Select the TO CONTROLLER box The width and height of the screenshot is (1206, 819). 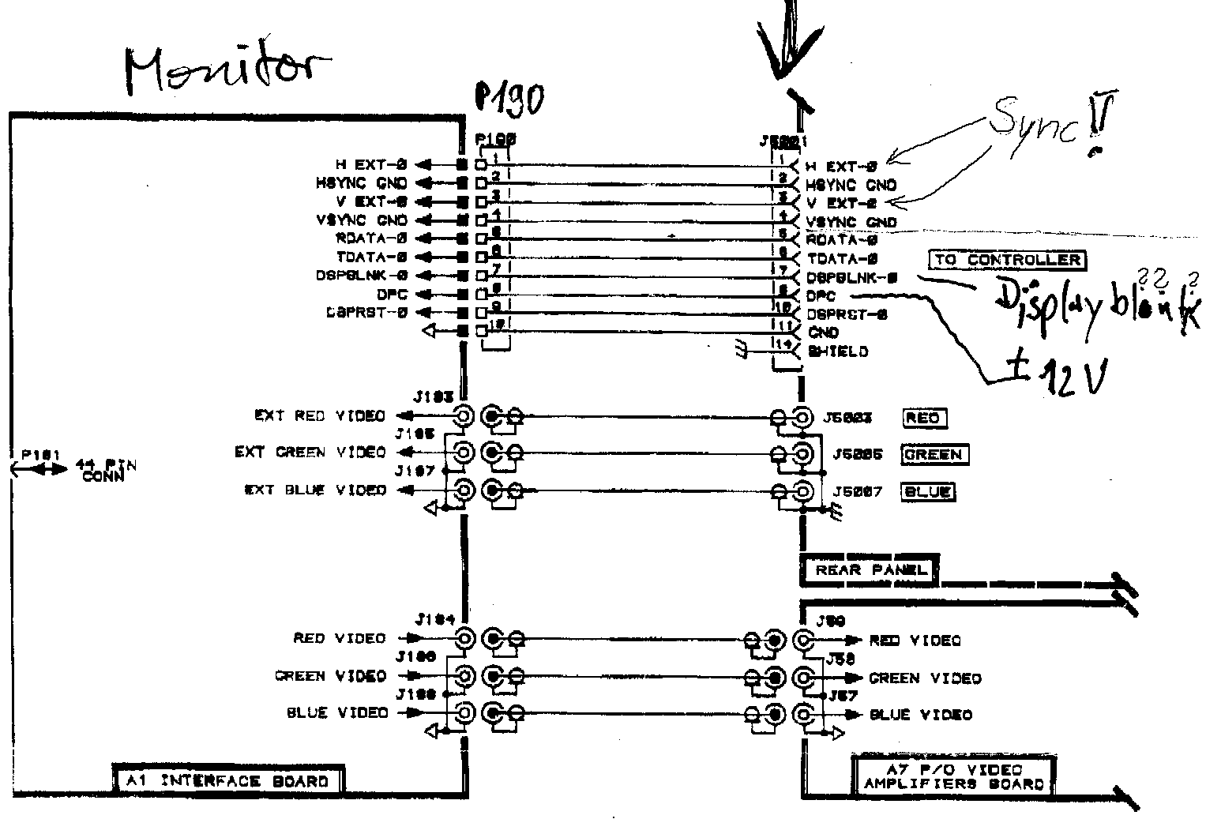(1006, 260)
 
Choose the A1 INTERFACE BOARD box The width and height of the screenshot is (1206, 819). (227, 781)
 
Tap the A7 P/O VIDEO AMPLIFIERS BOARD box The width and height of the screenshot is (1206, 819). (953, 777)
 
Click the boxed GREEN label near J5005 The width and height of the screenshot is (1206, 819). (933, 455)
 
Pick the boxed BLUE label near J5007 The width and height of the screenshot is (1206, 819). (927, 491)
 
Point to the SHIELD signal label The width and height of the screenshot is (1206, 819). (837, 351)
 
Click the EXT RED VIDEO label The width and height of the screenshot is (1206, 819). (319, 415)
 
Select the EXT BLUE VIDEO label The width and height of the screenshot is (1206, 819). (315, 490)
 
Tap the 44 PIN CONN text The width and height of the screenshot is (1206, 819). (103, 470)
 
